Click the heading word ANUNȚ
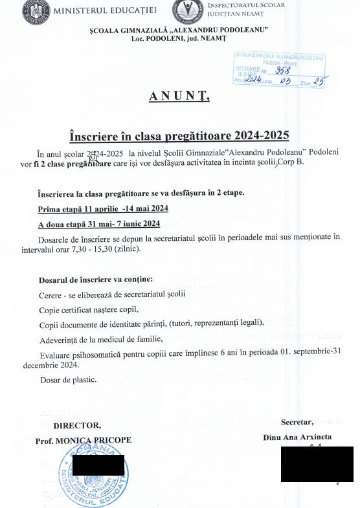[x=179, y=96]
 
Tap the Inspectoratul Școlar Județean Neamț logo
[x=186, y=11]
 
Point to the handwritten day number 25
[x=318, y=82]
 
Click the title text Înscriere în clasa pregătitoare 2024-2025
[x=179, y=136]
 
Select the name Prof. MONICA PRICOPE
[x=84, y=439]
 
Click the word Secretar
[x=297, y=421]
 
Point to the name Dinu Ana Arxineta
[x=297, y=437]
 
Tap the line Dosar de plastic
[x=67, y=379]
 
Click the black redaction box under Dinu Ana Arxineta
[x=317, y=464]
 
